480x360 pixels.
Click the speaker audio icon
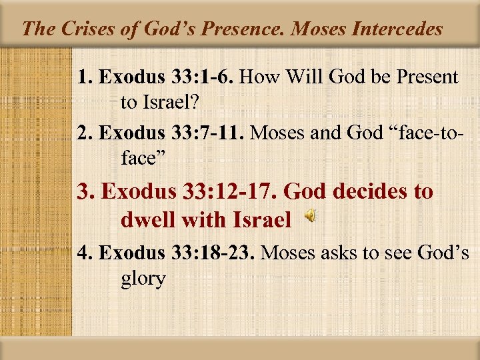[x=311, y=217]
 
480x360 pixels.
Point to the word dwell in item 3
[x=145, y=219]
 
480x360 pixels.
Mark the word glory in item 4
[x=143, y=278]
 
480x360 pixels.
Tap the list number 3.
[x=85, y=193]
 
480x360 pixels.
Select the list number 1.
[x=83, y=77]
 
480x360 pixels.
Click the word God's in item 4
[x=443, y=253]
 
